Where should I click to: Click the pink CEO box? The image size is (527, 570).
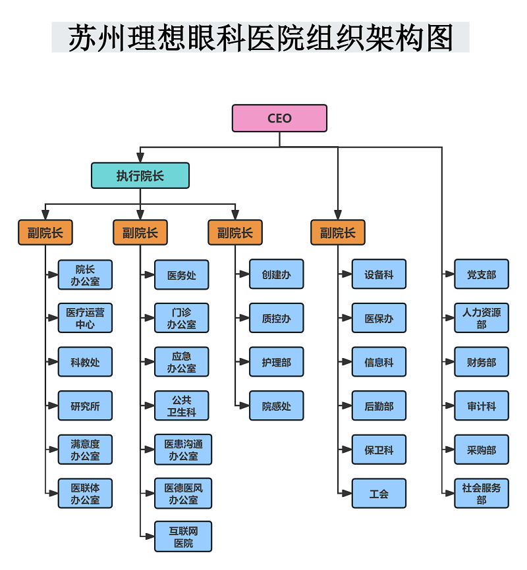point(279,118)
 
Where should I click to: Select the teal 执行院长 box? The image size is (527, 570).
point(140,176)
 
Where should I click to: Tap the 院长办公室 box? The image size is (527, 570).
point(85,275)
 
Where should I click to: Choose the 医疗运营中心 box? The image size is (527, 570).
point(85,319)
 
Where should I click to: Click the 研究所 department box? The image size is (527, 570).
point(85,406)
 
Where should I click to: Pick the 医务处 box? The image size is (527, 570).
point(182,275)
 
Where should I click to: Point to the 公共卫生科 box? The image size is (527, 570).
point(182,406)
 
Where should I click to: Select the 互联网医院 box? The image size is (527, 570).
point(183,536)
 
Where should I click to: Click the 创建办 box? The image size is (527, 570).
point(277,274)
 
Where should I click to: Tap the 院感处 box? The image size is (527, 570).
point(277,406)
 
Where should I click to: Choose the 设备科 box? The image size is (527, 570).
point(379,274)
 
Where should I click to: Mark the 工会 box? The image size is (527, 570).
point(379,494)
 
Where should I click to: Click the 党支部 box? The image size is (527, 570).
point(482,274)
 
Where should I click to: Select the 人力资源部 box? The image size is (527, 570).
point(482,319)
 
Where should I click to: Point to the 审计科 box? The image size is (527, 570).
point(482,406)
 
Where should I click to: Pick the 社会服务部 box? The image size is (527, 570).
point(482,494)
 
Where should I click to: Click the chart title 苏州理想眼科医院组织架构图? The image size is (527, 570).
point(261,38)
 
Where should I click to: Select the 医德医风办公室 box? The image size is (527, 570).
point(183,494)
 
